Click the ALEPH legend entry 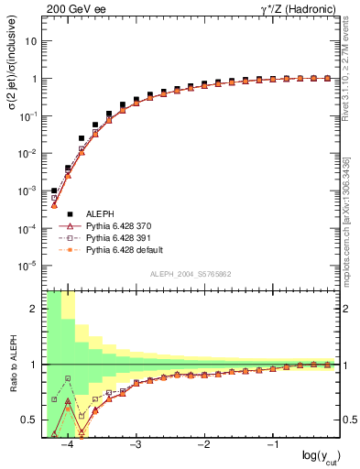point(101,213)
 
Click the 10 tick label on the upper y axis point(31,41)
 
